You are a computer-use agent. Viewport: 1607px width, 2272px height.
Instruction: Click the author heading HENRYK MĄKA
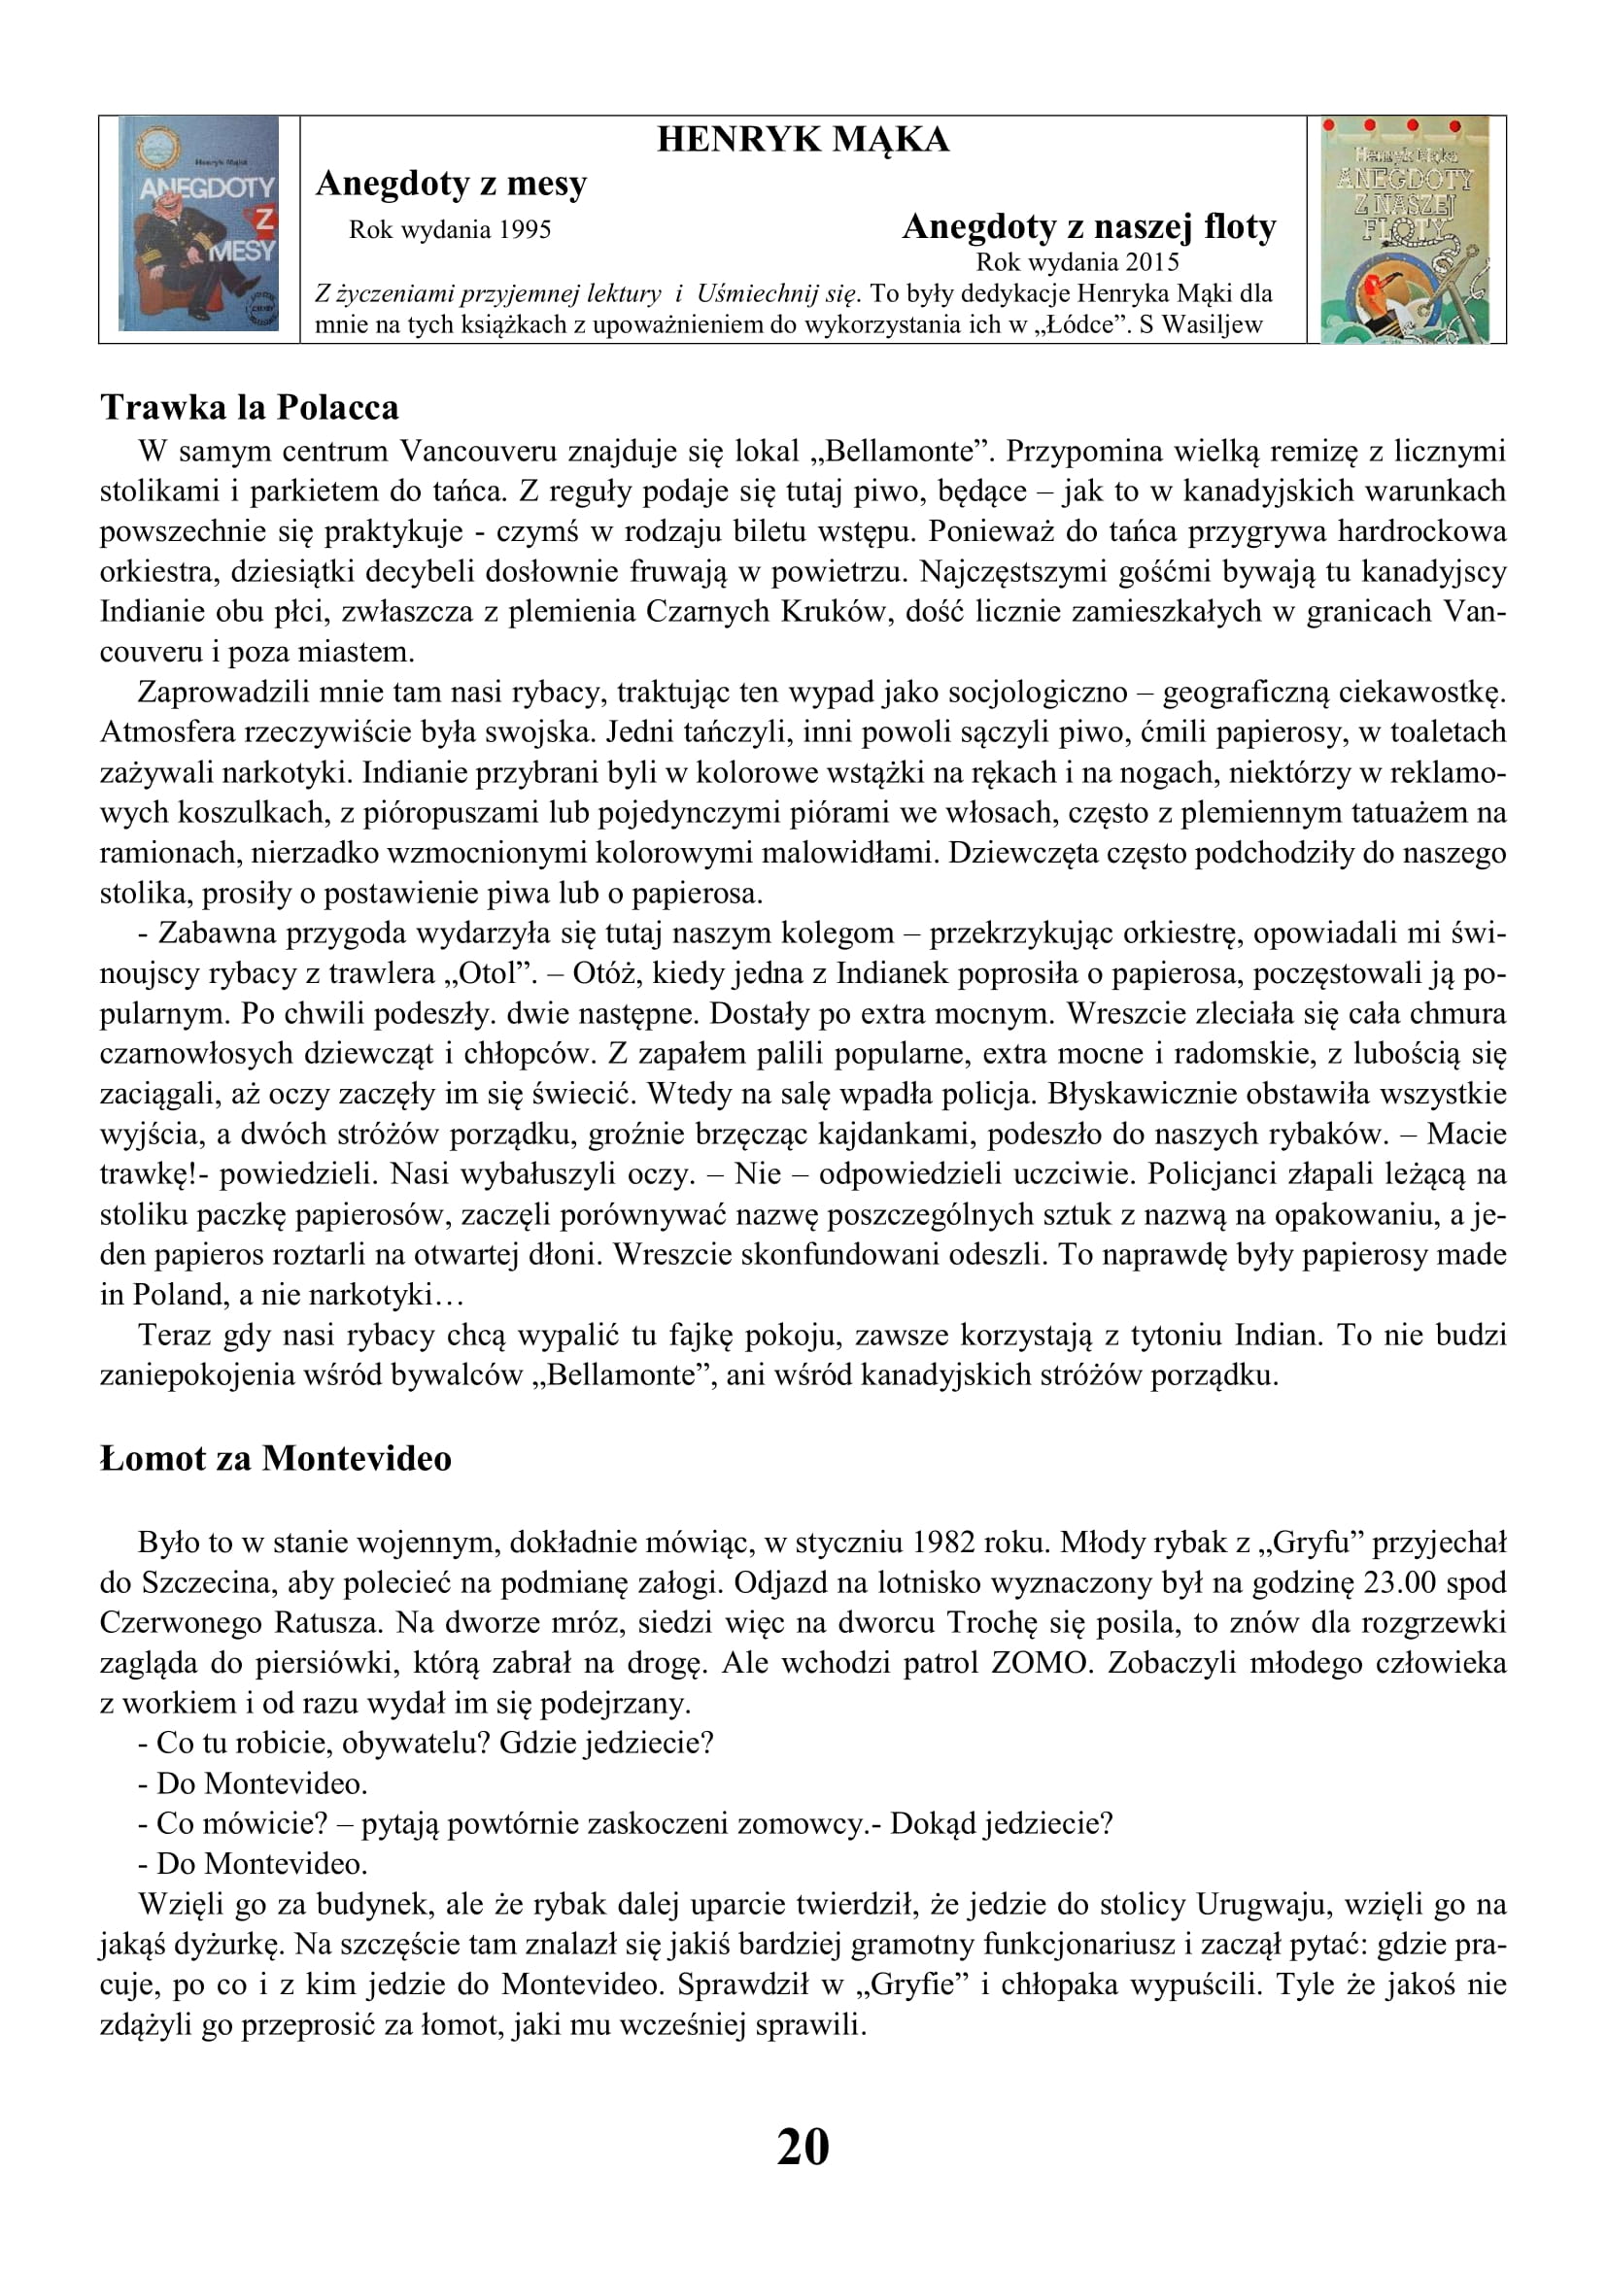[x=803, y=140]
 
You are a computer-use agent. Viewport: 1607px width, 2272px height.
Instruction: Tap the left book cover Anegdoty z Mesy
[x=199, y=223]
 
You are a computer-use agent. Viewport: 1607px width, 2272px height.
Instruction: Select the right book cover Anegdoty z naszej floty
[x=1405, y=229]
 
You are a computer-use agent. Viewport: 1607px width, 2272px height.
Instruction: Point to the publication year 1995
[x=525, y=229]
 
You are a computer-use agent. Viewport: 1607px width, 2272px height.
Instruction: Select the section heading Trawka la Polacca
[x=250, y=408]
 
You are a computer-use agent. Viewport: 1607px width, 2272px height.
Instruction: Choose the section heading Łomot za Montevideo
[x=276, y=1459]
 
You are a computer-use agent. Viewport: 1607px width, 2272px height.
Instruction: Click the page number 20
[x=803, y=2147]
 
